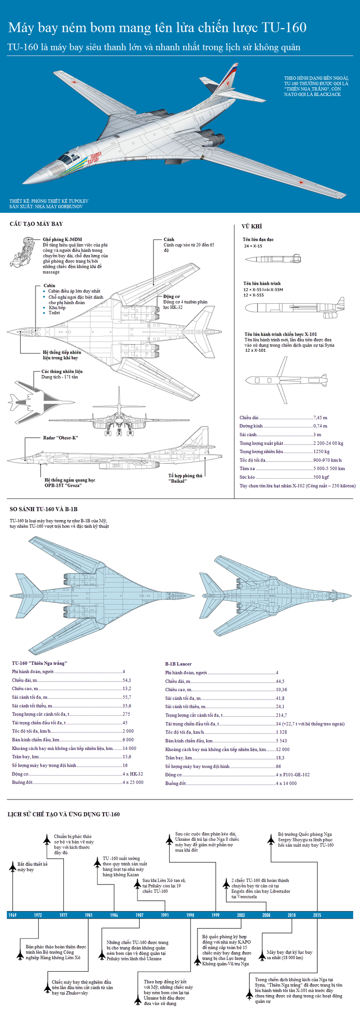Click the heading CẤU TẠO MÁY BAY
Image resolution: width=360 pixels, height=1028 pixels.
point(36,224)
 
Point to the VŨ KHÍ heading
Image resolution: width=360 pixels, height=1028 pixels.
point(252,226)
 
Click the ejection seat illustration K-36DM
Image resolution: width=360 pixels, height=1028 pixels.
point(24,252)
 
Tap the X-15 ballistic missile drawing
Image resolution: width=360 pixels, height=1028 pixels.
point(273,259)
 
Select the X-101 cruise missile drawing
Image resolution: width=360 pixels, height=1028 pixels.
point(286,380)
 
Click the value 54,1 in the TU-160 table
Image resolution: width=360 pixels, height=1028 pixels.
point(127,680)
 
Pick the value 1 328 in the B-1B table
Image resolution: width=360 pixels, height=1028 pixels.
point(281,732)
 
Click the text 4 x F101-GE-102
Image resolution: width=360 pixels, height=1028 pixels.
point(292,775)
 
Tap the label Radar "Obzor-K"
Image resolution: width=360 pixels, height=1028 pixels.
point(60,438)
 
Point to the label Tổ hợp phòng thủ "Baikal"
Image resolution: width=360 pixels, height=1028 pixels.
point(185,478)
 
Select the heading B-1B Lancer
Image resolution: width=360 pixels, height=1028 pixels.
point(178,664)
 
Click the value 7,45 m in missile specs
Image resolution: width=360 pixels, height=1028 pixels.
point(320,417)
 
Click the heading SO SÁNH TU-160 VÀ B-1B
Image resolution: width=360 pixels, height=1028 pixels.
point(44,509)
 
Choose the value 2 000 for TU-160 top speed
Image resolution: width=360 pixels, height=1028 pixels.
point(128,731)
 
